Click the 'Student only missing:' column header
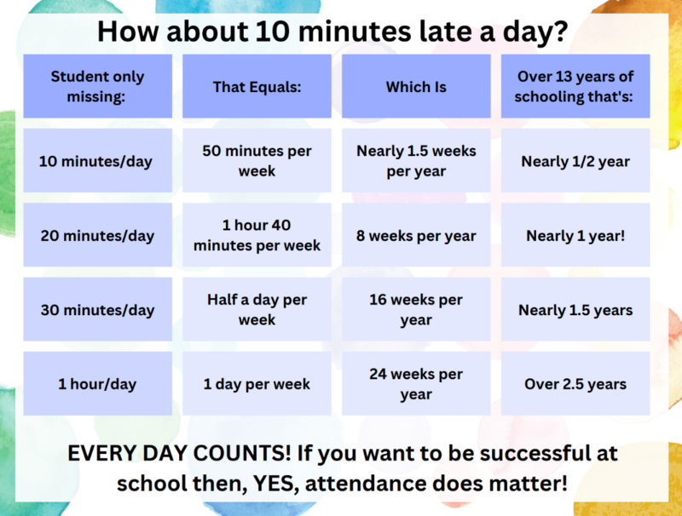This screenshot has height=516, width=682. [x=97, y=86]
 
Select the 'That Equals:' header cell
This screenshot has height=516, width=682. [x=257, y=86]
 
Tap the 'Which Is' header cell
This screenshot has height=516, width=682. [x=416, y=86]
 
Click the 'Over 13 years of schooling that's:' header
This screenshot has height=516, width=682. [x=575, y=86]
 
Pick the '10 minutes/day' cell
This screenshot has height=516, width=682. [x=97, y=161]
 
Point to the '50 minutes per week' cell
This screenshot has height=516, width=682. [x=257, y=161]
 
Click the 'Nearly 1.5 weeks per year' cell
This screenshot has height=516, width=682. [x=416, y=161]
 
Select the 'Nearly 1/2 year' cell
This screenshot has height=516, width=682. [x=575, y=161]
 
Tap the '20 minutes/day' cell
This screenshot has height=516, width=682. [x=97, y=235]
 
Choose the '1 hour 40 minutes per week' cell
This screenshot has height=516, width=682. [x=257, y=235]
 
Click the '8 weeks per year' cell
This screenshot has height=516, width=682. [x=416, y=235]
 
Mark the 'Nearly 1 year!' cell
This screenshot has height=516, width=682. [x=575, y=235]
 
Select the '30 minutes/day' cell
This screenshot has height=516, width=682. [x=97, y=309]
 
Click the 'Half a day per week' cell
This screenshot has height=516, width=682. [x=257, y=309]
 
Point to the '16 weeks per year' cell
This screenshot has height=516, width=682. [x=416, y=309]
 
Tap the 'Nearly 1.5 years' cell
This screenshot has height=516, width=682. [x=575, y=309]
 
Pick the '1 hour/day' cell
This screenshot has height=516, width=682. [x=97, y=384]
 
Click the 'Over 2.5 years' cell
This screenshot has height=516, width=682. [x=575, y=384]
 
